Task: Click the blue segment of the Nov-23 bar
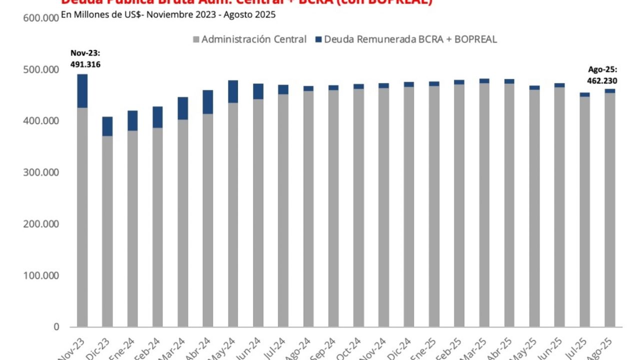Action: coord(82,91)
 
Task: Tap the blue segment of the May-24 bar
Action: coord(233,91)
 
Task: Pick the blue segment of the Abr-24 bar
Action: coord(207,102)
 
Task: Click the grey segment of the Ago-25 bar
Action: coord(610,210)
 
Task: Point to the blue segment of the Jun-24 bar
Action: coord(258,91)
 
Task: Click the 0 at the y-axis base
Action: coord(56,327)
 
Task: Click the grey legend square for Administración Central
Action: coord(195,39)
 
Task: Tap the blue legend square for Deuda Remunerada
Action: coord(318,39)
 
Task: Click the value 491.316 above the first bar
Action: coord(86,64)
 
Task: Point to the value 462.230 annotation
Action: coord(602,80)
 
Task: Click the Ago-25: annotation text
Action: coord(602,70)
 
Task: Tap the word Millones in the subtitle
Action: coord(88,15)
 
